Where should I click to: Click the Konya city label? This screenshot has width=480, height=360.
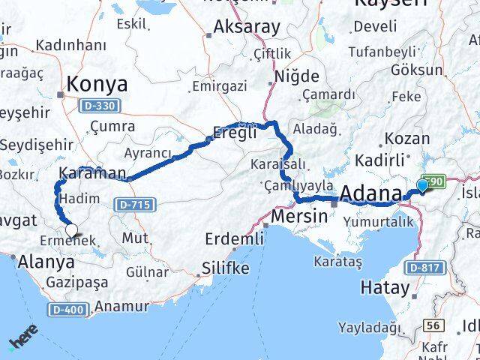tap(97, 84)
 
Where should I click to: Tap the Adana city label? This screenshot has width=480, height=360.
tap(370, 194)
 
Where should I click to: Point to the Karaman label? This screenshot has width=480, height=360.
tap(94, 174)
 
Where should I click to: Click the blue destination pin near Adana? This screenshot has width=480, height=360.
tap(423, 185)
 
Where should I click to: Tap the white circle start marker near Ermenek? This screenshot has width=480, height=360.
tap(72, 230)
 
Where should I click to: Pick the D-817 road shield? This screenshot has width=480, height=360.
tap(424, 267)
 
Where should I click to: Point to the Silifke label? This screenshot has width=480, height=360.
tap(226, 268)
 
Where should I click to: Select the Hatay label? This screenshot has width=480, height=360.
tap(385, 286)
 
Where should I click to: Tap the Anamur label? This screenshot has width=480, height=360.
tap(122, 306)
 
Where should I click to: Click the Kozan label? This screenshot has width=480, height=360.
tap(407, 139)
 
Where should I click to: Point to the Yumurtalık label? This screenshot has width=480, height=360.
tap(379, 221)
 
